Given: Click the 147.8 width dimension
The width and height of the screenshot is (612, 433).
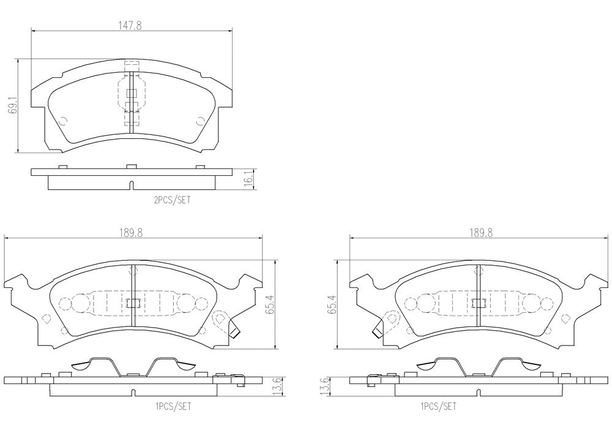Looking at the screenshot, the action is (130, 25).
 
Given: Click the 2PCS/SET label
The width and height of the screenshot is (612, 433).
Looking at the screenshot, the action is (172, 200).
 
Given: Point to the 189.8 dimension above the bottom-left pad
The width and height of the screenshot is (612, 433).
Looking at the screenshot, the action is (131, 233).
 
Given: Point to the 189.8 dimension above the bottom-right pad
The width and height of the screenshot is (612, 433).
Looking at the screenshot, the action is (480, 233).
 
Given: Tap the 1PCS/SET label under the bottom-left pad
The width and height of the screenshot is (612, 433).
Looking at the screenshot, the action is (173, 407).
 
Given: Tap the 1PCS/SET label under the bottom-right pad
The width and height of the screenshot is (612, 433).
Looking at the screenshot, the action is (438, 407).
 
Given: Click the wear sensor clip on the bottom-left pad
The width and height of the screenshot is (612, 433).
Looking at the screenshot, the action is (234, 330).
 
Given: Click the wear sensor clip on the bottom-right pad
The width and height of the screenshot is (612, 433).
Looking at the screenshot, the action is (377, 330).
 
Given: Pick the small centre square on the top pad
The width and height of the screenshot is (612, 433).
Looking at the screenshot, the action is (132, 93).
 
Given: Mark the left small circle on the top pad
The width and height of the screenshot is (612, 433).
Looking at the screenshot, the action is (63, 120).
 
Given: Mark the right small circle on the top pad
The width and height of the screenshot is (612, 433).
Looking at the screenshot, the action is (200, 120).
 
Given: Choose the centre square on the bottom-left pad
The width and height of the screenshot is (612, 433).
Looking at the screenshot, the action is (133, 303).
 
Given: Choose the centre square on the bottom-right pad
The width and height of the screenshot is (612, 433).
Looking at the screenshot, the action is (479, 303).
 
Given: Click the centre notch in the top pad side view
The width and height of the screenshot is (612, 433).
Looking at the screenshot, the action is (132, 185).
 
